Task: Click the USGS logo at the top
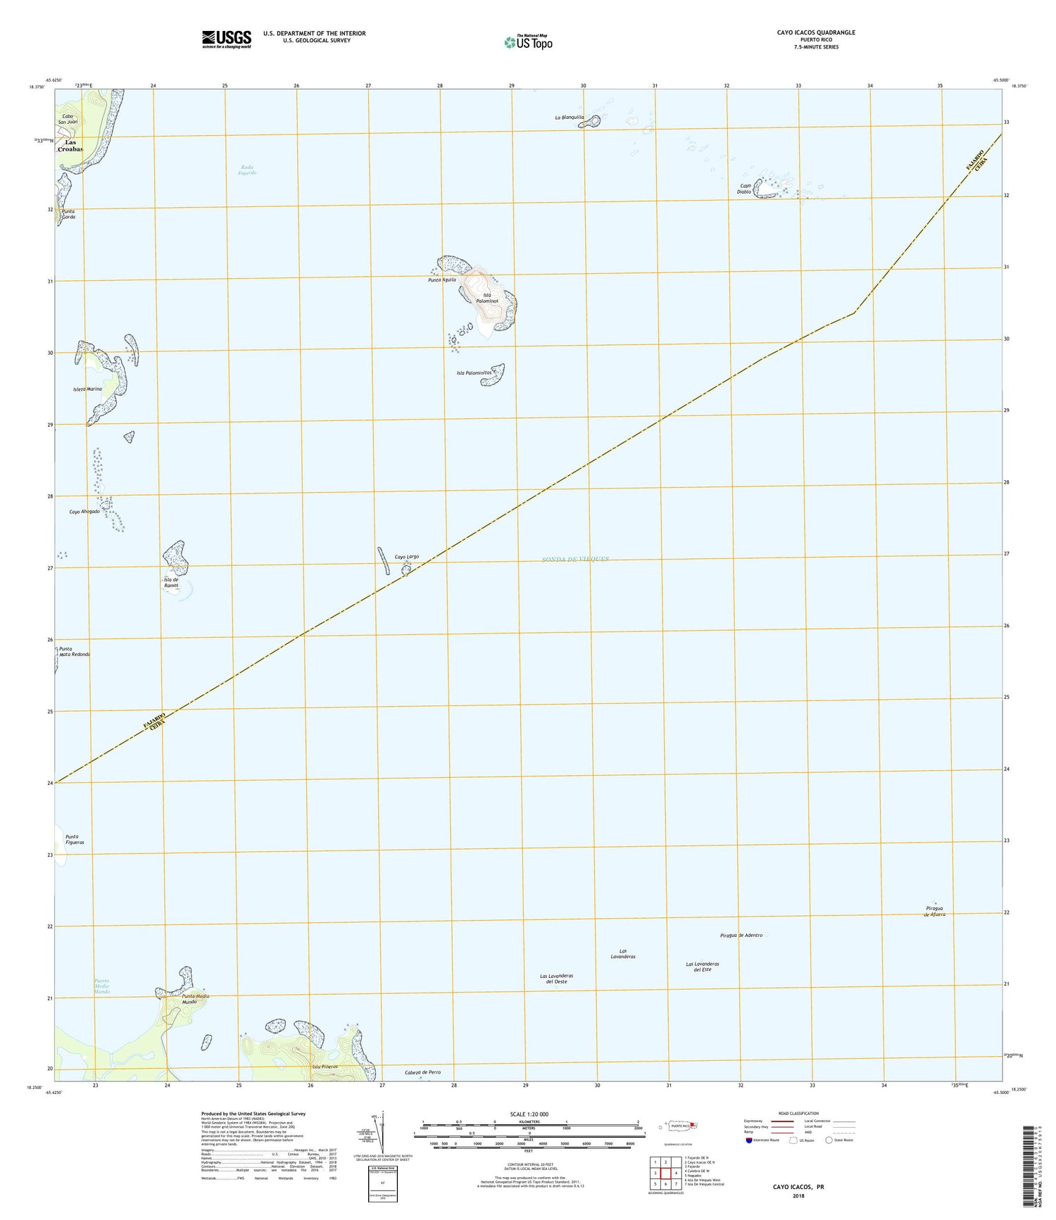click(226, 38)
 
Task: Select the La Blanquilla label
click(570, 118)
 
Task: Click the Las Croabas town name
click(70, 146)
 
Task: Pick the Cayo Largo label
click(406, 557)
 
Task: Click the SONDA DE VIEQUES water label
click(575, 559)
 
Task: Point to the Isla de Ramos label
click(171, 583)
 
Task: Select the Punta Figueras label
click(75, 839)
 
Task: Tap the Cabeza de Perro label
click(422, 1072)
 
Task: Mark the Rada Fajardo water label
click(246, 170)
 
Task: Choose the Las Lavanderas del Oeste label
click(556, 979)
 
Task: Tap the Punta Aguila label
click(442, 280)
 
